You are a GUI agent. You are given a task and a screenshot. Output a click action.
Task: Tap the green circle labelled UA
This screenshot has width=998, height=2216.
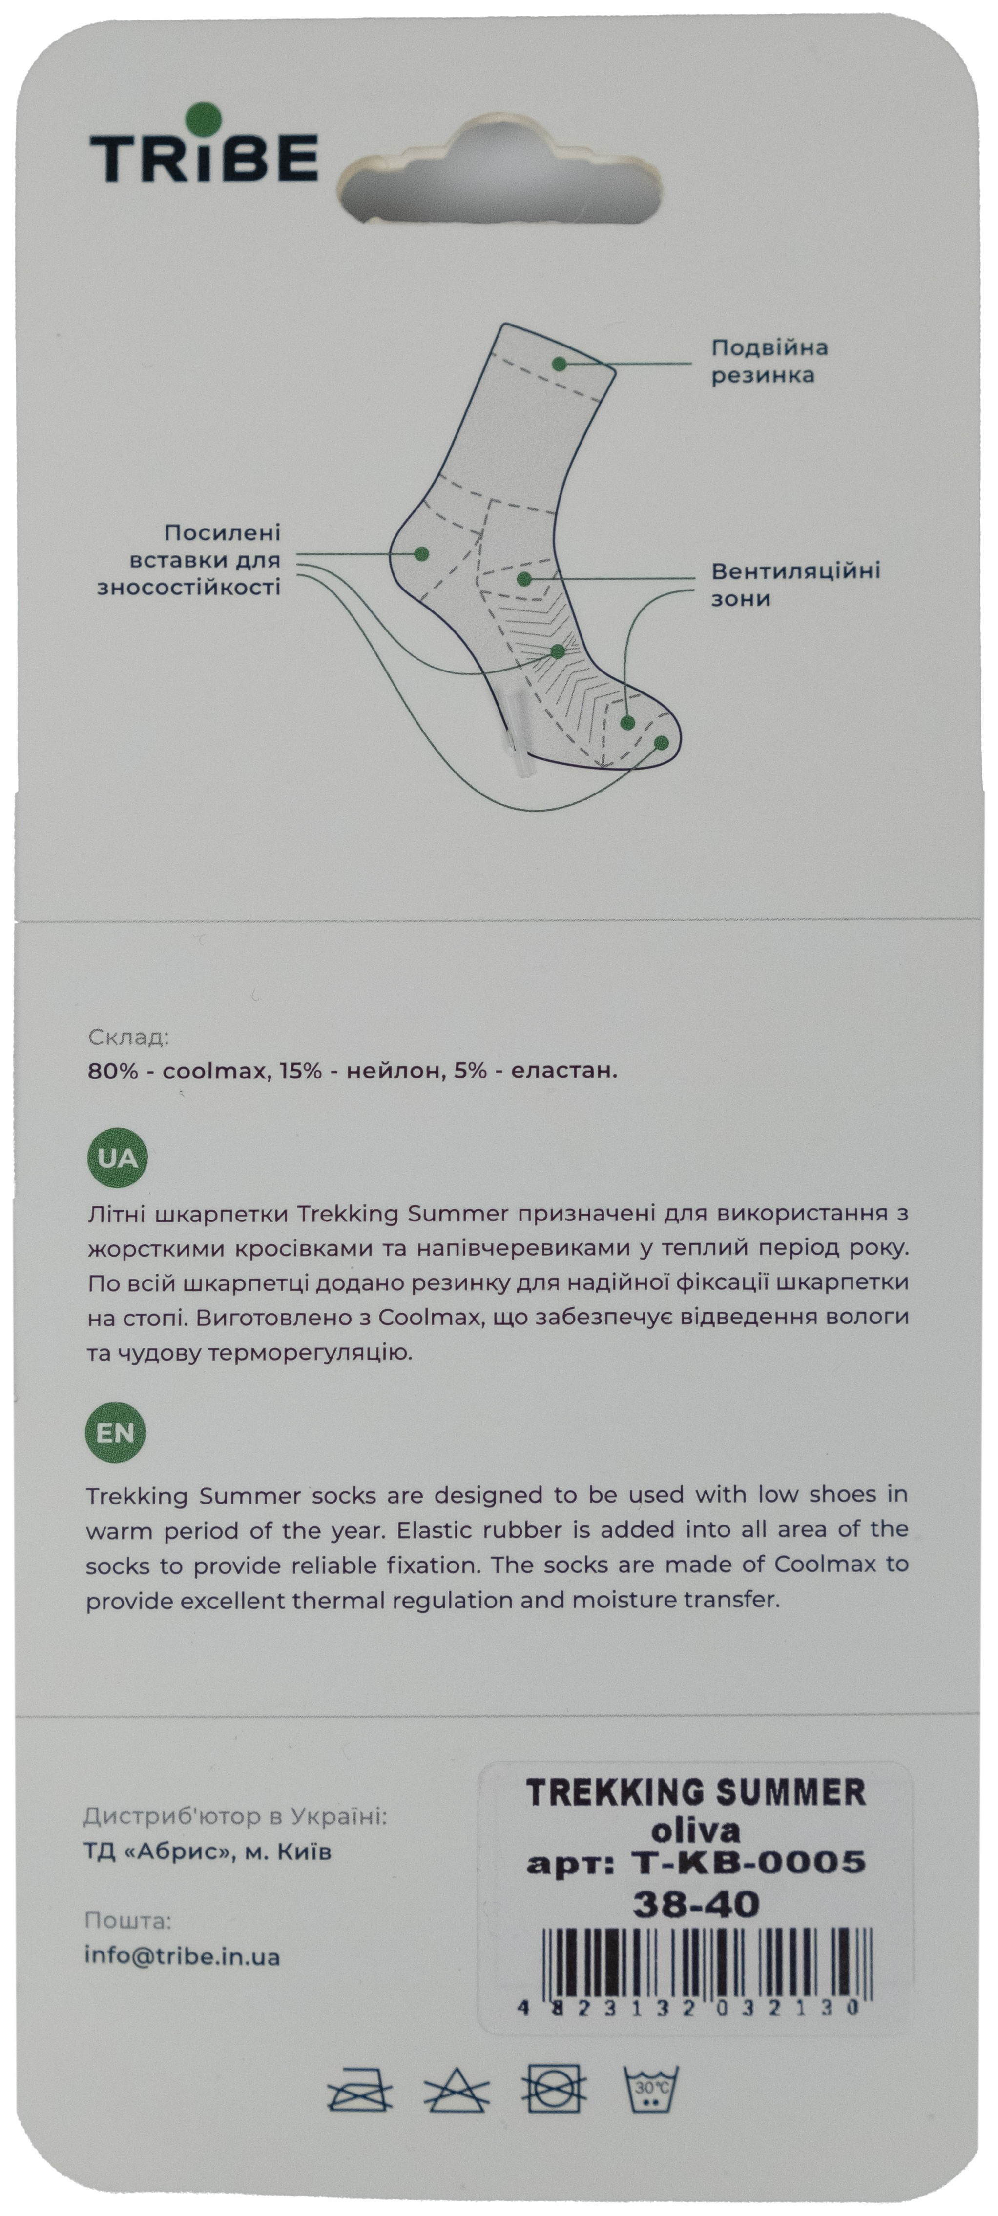(x=117, y=1158)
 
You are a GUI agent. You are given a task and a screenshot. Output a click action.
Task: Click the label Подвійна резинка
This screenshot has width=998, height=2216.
(x=769, y=361)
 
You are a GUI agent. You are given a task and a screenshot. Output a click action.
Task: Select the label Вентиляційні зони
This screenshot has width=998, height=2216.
(x=795, y=584)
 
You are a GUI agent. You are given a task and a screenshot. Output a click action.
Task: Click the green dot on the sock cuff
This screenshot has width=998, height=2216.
(x=559, y=364)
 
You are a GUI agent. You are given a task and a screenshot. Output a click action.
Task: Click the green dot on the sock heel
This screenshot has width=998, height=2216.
(x=421, y=553)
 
